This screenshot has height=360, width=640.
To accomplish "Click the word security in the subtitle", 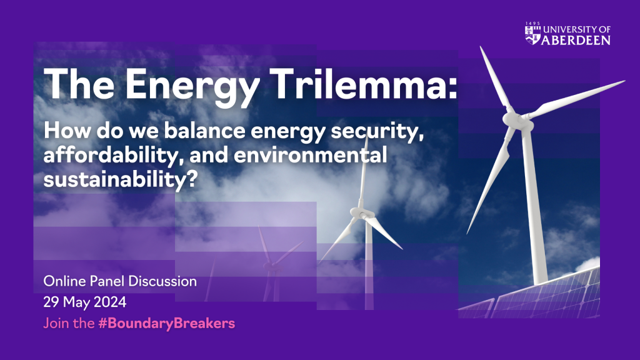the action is point(377,132).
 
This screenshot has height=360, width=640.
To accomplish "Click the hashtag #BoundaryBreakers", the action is point(166,323).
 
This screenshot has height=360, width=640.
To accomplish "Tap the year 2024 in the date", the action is point(110,302).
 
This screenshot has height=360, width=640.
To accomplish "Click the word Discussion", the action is point(162,281).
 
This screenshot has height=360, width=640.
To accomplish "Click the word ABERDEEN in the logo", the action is point(576,40).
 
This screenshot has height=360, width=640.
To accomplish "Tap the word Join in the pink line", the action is point(55,323).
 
